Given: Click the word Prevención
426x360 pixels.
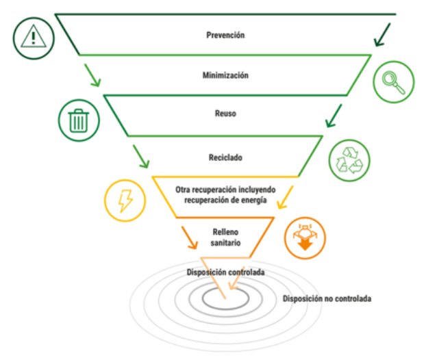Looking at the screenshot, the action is click(225, 35).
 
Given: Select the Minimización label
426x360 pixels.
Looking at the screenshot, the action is click(225, 75).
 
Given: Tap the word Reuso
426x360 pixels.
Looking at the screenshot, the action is click(225, 113).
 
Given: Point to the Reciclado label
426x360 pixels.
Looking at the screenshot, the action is click(225, 157).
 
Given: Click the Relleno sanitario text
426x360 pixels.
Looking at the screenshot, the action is click(225, 237).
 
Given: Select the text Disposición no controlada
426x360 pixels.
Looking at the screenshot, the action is click(327, 298).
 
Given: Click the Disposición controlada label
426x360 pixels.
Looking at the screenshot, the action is click(225, 272).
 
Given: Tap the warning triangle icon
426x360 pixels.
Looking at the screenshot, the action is click(34, 38).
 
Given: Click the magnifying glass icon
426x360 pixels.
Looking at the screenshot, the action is click(394, 82).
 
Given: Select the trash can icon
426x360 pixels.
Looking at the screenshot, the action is click(79, 120).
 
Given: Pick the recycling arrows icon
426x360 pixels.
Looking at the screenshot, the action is click(349, 160).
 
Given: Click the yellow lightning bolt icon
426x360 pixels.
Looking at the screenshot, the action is click(125, 201).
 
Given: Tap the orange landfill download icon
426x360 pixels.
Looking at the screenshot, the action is click(305, 237).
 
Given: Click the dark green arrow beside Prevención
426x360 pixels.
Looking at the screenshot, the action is click(383, 35).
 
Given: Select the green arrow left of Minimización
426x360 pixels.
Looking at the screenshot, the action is click(92, 75).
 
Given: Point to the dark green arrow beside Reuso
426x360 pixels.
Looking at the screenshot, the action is click(334, 116).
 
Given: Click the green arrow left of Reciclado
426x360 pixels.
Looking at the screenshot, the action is click(140, 156).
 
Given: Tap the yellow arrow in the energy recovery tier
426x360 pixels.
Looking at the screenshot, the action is click(286, 197).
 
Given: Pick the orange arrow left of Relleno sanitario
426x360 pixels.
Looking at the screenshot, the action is click(189, 237).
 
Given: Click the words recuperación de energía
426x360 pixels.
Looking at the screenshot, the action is click(225, 200).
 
